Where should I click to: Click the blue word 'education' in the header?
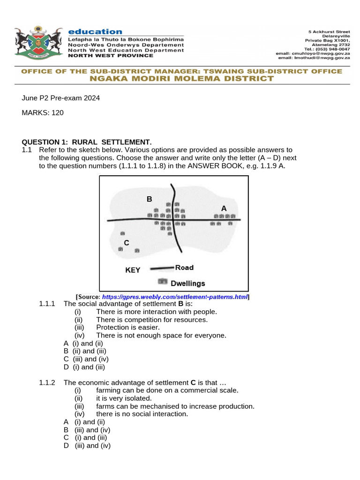click(95, 31)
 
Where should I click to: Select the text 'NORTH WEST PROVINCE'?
click(111, 56)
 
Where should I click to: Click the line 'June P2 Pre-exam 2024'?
click(61, 98)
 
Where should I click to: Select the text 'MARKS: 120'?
click(43, 112)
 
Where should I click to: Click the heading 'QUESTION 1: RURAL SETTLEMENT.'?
click(87, 142)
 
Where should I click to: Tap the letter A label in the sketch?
click(224, 208)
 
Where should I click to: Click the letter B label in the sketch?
click(149, 199)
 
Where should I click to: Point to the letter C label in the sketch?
click(126, 242)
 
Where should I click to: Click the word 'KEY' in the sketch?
click(133, 270)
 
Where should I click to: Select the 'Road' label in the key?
click(184, 268)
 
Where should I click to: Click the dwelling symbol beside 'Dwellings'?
click(162, 282)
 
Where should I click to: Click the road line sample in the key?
click(161, 269)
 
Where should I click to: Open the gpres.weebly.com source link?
click(174, 297)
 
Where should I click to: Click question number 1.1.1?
click(47, 304)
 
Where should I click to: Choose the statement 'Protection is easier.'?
click(128, 327)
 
